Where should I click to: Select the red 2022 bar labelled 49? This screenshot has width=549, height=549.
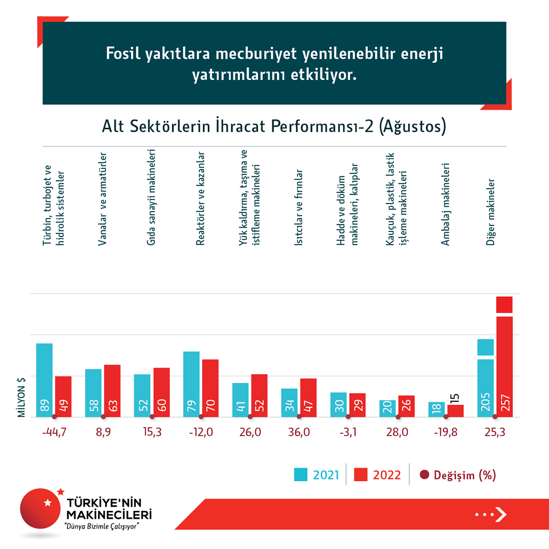point(64,396)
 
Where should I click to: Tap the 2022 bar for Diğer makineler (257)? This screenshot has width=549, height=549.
point(504,366)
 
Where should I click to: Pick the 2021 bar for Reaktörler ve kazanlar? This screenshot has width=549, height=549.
point(191,384)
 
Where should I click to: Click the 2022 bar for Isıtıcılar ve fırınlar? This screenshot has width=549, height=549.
point(309,398)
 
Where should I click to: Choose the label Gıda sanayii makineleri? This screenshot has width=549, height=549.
point(151,198)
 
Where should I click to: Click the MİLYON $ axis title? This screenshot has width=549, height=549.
point(22,397)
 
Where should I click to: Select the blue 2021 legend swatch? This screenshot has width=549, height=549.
point(301,475)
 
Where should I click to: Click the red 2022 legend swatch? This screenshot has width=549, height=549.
point(361,475)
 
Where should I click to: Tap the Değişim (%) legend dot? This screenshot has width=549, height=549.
point(424,475)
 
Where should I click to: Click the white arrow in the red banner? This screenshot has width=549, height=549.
point(501,514)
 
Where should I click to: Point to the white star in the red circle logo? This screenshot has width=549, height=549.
point(48,503)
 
